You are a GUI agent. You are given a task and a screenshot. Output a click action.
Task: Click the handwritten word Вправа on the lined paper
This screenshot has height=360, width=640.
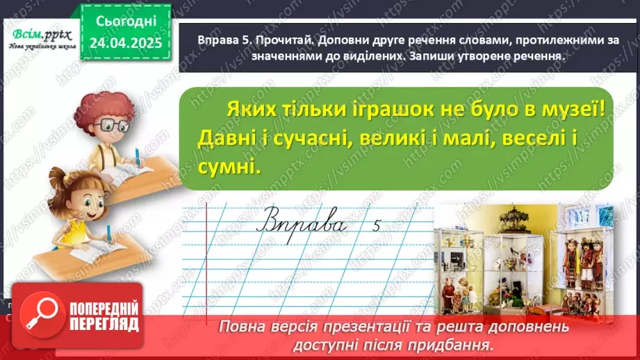tap(302, 224)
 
